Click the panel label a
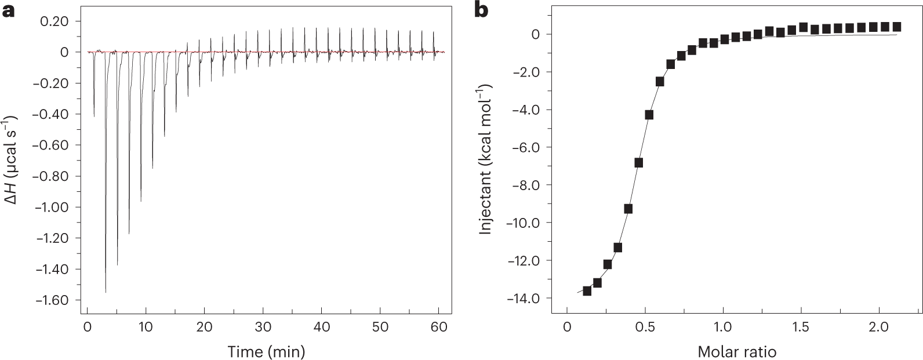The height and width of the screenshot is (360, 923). click(8, 10)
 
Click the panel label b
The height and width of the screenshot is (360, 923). click(481, 10)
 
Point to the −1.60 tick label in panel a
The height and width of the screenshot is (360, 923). click(52, 300)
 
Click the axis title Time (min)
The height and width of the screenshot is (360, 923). click(266, 351)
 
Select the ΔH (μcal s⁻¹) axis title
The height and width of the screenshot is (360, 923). click(12, 168)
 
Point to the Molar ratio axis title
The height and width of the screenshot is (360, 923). click(737, 351)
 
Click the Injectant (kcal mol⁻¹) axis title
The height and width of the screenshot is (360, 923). click(486, 159)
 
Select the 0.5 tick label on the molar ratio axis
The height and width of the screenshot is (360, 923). click(645, 328)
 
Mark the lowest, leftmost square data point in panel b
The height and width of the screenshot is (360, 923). click(587, 291)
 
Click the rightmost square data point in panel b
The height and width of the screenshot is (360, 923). click(896, 27)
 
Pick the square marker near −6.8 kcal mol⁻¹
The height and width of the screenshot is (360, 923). click(638, 163)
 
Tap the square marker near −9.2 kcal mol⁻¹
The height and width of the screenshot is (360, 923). click(628, 209)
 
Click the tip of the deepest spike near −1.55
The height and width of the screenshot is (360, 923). click(106, 292)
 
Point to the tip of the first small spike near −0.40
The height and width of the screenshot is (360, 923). click(94, 116)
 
